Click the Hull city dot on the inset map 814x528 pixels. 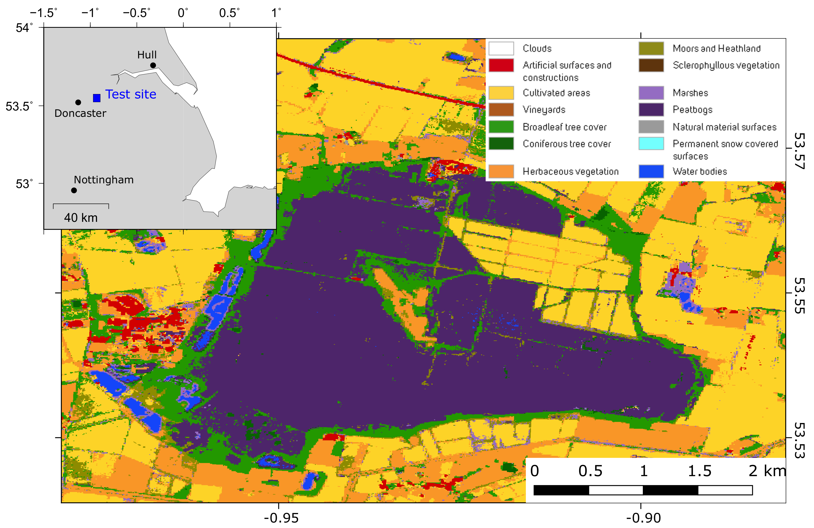tap(153, 65)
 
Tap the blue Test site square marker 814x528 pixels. tap(97, 98)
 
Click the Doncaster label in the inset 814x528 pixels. tap(80, 113)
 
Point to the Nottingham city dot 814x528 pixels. tap(74, 190)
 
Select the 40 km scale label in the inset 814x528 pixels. tap(81, 218)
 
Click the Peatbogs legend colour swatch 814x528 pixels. tap(651, 110)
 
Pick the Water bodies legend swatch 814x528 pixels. tap(651, 171)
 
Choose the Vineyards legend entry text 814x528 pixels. tap(544, 110)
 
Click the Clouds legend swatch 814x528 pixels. tap(501, 48)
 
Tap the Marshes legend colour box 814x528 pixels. tap(651, 93)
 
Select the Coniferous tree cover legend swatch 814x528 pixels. tap(501, 144)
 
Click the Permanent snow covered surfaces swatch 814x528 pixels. tap(651, 144)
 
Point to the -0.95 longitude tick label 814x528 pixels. tap(281, 518)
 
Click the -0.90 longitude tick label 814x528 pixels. tap(643, 518)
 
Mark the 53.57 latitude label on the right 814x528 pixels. tap(799, 151)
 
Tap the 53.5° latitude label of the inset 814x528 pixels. tap(19, 106)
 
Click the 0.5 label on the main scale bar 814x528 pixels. tap(590, 471)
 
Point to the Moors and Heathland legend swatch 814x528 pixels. tap(651, 48)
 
